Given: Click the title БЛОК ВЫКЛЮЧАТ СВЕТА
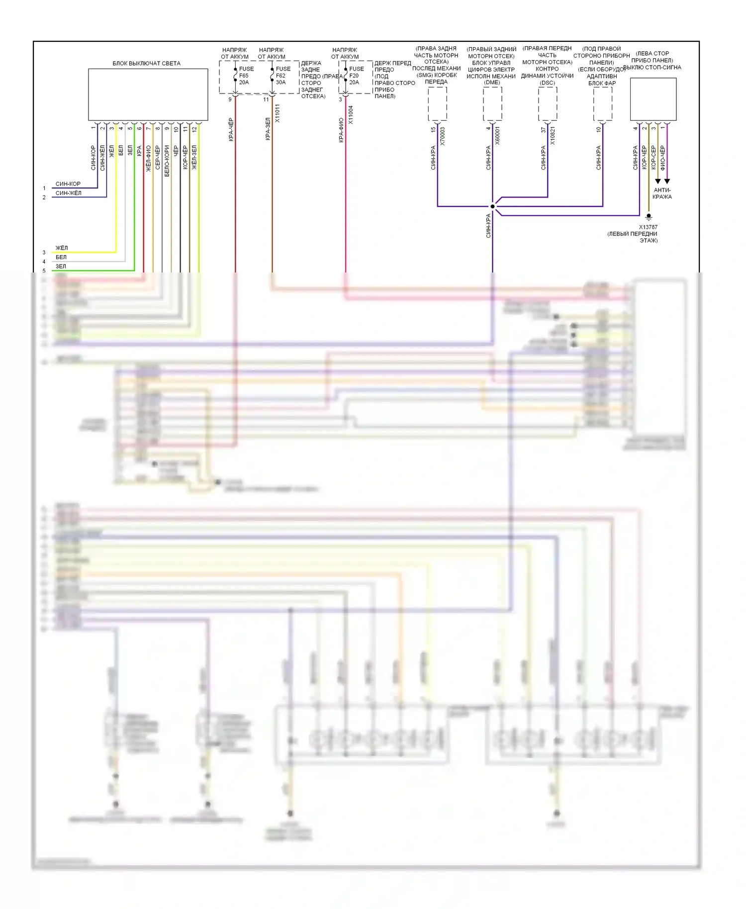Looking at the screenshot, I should (146, 63).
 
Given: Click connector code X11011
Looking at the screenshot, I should (278, 113).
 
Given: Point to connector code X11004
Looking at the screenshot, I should (351, 115).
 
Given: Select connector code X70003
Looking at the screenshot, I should (443, 136).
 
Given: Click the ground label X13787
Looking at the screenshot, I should (648, 227).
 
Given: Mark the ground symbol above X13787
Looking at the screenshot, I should (649, 217).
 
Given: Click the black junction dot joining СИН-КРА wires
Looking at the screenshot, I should (492, 206).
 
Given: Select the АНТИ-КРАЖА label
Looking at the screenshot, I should (662, 193).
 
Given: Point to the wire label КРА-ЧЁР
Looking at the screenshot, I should (231, 129).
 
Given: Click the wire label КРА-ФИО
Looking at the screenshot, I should (341, 130).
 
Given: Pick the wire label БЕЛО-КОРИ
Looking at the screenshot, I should (167, 161).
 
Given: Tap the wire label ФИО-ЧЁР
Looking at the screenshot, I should (662, 158).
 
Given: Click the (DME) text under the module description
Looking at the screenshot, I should (492, 83).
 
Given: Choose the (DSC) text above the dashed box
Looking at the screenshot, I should (547, 83).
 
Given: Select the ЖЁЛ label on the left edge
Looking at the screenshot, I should (62, 248).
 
